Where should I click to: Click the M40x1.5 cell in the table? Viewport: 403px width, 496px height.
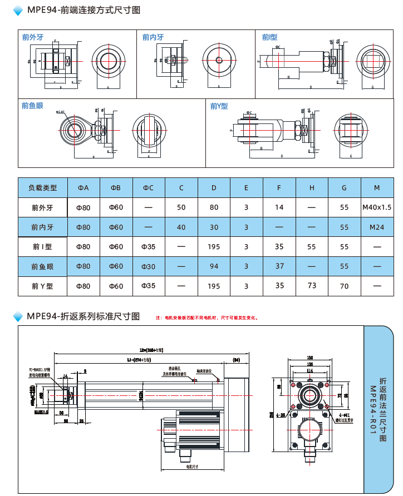click(377, 207)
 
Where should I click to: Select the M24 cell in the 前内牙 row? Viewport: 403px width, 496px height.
click(377, 227)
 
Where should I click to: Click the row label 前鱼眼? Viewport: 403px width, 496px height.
click(42, 266)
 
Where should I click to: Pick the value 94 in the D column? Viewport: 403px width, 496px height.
click(214, 266)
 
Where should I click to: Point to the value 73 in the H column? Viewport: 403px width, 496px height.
click(312, 285)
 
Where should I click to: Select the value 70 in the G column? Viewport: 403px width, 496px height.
click(345, 286)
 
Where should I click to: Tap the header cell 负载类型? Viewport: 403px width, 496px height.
click(42, 188)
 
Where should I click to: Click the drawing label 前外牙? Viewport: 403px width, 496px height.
click(33, 37)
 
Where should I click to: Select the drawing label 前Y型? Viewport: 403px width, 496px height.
click(219, 106)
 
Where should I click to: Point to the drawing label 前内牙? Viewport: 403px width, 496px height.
click(153, 37)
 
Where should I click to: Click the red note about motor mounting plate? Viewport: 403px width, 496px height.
click(207, 318)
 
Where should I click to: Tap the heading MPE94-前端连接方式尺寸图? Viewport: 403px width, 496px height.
click(83, 10)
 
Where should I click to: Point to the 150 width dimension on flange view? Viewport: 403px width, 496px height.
click(310, 358)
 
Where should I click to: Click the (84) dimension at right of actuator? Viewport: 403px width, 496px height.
click(236, 360)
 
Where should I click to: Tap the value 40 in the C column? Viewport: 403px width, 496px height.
click(181, 227)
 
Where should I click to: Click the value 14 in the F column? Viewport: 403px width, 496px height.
click(279, 207)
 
